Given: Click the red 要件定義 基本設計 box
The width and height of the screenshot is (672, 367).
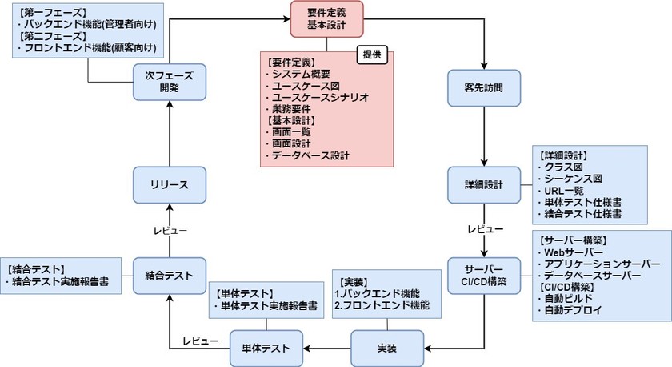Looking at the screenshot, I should pos(326,19).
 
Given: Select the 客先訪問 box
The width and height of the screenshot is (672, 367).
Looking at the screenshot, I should pos(482,85).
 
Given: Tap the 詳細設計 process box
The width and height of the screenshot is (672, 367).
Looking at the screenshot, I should pos(482,184).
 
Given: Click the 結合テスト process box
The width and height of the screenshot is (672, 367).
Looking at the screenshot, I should pos(170,275).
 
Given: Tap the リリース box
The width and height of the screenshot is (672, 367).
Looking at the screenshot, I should pos(170,184).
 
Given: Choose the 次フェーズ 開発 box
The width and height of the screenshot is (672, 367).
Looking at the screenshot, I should pos(170,83).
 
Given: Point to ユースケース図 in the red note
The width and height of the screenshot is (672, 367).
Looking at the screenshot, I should pos(306,86).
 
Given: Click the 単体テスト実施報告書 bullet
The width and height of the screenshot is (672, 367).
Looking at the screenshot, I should pos(268,306).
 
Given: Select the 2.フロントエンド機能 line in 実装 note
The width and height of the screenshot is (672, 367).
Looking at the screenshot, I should pos(382,306).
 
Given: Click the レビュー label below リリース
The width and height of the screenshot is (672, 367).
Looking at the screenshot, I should pos(170,230).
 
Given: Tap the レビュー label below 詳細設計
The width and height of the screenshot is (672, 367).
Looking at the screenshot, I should pos(485,230).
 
